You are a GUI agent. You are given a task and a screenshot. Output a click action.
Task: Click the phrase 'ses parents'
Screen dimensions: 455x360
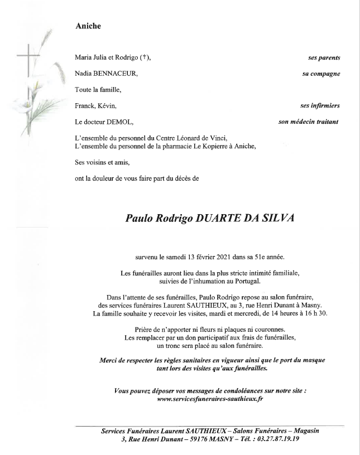(324, 58)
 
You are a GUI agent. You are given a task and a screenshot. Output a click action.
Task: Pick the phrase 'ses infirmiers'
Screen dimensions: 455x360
(320, 105)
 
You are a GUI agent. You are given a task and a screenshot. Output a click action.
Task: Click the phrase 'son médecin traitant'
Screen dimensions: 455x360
(309, 121)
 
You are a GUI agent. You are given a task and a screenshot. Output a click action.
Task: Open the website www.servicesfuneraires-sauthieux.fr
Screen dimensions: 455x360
(210, 399)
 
